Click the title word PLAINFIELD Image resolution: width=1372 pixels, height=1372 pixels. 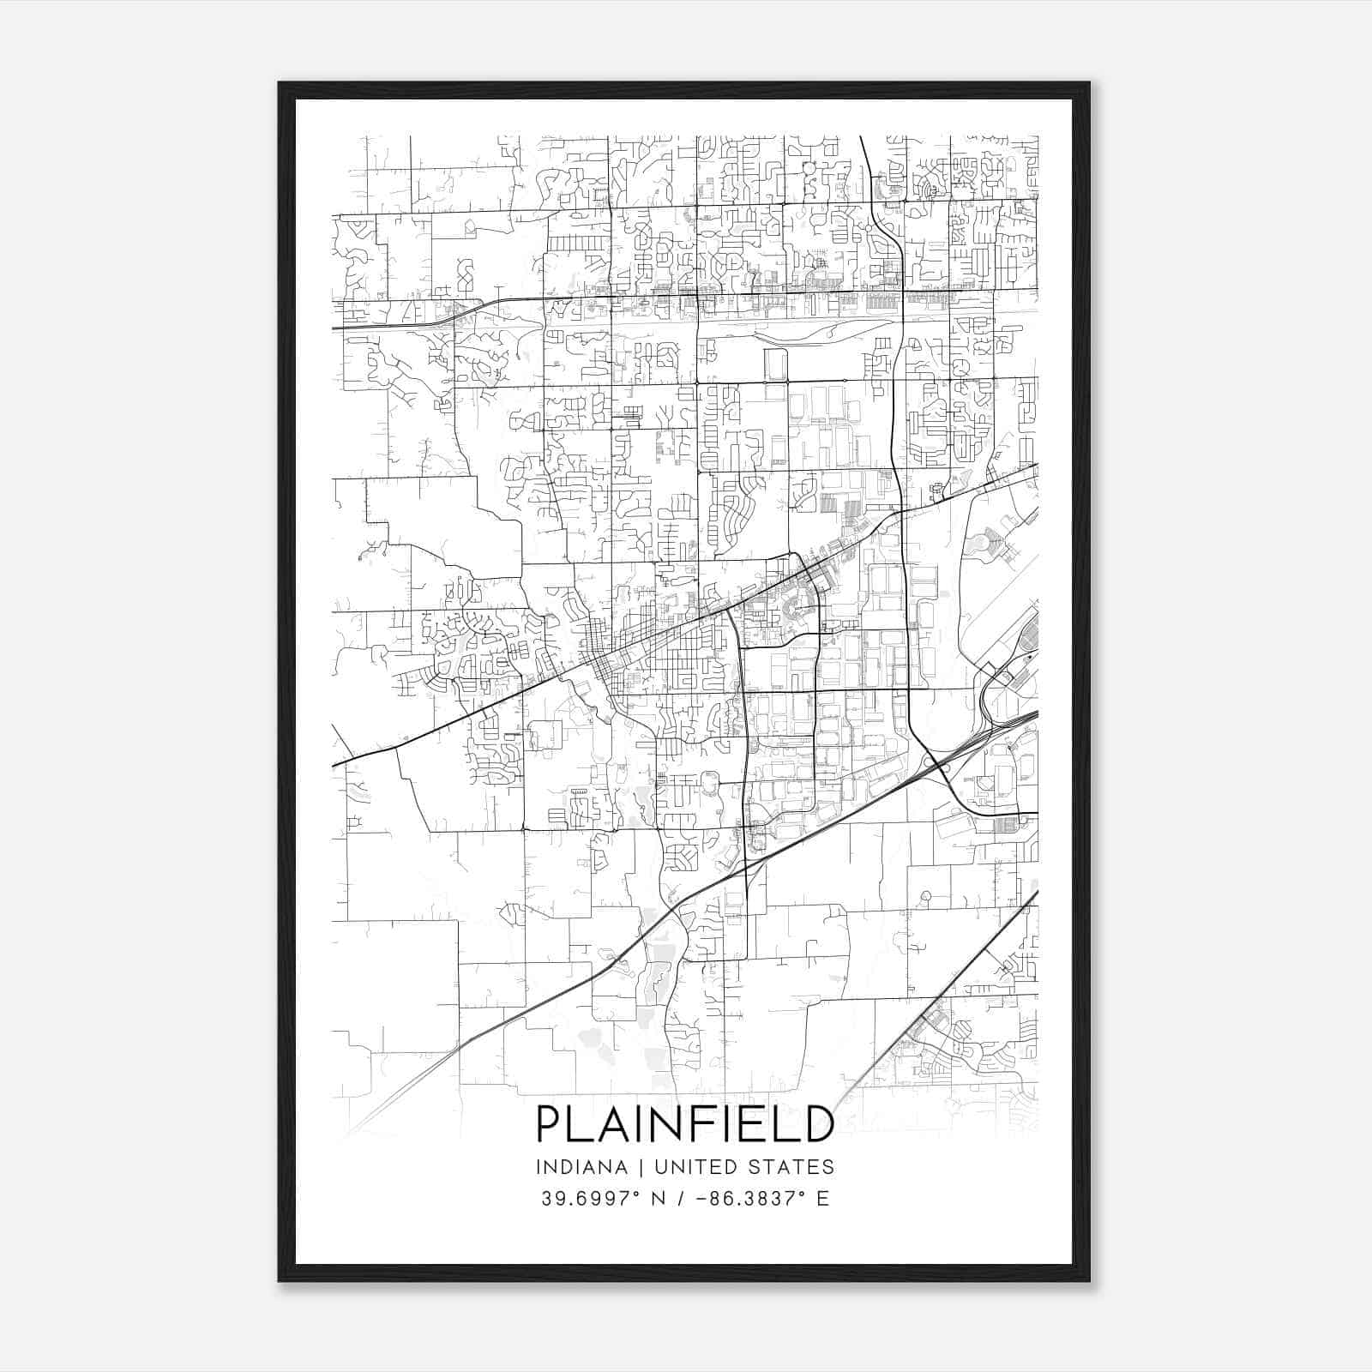point(685,1123)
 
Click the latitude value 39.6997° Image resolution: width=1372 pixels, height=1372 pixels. point(589,1199)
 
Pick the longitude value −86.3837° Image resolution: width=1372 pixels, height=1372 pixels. point(759,1199)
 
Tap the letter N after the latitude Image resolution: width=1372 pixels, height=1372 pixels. point(659,1199)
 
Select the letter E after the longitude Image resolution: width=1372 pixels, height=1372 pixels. point(822,1199)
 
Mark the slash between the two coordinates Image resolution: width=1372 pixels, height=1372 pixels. point(682,1199)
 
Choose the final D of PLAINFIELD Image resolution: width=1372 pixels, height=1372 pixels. point(817,1123)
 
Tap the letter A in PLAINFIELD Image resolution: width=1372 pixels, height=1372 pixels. point(619,1123)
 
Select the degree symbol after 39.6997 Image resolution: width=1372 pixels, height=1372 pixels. point(635,1193)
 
